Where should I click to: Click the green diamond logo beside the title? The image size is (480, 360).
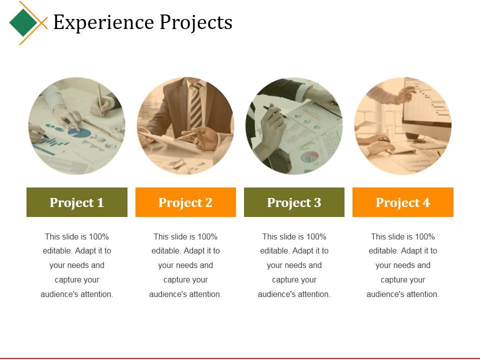coord(23,22)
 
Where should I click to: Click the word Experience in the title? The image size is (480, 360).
coord(103,22)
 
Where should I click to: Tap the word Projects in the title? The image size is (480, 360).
coord(196,23)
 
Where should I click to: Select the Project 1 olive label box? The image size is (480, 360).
coord(77,202)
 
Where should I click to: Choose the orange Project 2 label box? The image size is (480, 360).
coord(185,202)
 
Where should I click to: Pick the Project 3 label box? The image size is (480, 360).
coord(294,202)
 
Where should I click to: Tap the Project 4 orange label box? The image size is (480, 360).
coord(403,202)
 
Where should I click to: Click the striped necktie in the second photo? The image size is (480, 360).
coord(195,105)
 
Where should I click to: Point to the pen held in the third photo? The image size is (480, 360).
coord(274,111)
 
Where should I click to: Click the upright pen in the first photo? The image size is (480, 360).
coord(99,100)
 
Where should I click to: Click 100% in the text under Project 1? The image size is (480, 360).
coord(99,236)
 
